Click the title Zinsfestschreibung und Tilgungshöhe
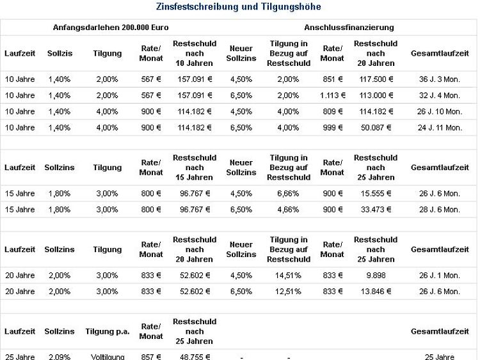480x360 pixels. pos(239,7)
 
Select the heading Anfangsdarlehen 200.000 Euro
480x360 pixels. pos(111,27)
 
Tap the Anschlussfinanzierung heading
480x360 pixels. pos(349,27)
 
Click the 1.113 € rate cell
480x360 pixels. pos(333,95)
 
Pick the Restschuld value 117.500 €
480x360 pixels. pos(376,79)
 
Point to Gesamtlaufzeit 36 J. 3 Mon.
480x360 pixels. pos(440,79)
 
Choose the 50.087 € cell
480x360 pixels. pos(376,127)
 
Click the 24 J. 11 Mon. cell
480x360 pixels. pos(440,127)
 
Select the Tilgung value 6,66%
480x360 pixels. pos(288,193)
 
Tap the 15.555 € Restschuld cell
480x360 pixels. pos(376,193)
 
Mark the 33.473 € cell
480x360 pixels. pos(376,210)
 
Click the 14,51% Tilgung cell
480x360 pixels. pos(288,276)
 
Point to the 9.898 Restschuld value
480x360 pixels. pos(376,276)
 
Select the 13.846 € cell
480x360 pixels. pos(376,292)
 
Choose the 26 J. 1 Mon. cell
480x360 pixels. pos(440,276)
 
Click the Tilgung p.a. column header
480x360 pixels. pos(108,332)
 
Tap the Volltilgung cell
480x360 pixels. pos(108,357)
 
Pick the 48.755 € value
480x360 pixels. pos(195,357)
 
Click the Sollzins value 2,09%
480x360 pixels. pos(60,357)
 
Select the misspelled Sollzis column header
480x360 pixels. pos(60,54)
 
